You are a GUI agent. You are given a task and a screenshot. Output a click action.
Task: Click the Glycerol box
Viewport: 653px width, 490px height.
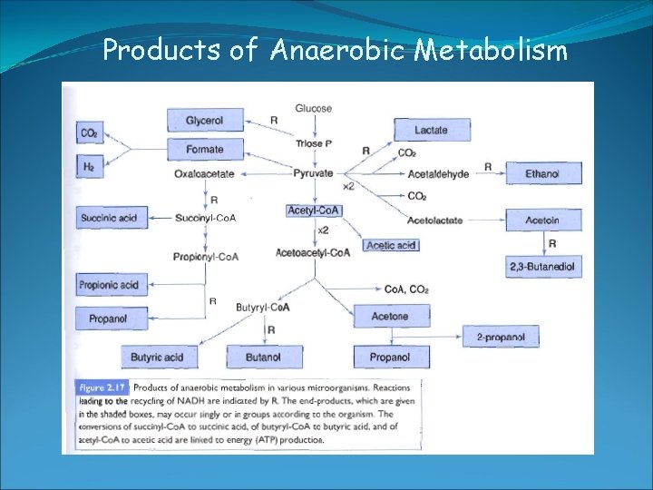click(205, 120)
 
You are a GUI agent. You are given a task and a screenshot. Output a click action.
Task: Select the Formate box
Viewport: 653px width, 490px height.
click(205, 150)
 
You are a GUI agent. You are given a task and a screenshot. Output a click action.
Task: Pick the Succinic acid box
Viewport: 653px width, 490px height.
click(109, 218)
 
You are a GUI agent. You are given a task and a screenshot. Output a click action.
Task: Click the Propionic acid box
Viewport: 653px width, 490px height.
click(109, 285)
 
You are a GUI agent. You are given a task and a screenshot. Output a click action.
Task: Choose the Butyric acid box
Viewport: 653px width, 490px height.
click(157, 358)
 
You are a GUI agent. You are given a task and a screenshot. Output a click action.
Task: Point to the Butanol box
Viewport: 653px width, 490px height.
click(263, 358)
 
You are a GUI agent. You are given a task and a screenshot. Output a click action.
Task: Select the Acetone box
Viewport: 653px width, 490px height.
click(389, 317)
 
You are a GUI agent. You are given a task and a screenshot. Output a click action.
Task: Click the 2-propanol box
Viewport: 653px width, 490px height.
click(501, 337)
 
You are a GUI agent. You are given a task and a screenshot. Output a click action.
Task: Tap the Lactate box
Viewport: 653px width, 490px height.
click(432, 130)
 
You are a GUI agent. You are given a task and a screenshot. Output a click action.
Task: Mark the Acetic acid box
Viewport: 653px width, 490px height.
click(391, 245)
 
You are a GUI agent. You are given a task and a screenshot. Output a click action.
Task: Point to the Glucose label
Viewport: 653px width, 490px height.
click(314, 109)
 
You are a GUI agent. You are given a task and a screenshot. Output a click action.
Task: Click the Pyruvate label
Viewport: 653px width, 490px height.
click(314, 173)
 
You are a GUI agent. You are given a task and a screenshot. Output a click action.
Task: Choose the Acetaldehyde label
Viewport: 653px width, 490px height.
click(439, 173)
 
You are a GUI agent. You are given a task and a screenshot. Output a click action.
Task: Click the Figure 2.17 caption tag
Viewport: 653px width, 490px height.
click(102, 387)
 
